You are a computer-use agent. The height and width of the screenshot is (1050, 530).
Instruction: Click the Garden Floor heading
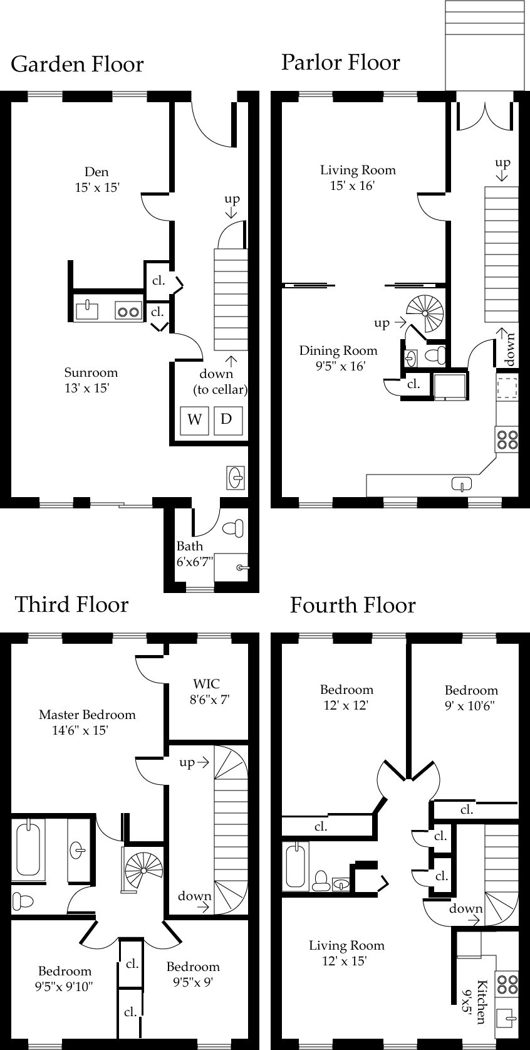[77, 64]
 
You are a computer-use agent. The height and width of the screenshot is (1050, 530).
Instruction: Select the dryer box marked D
[227, 419]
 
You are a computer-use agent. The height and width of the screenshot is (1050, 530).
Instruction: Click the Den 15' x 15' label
[96, 179]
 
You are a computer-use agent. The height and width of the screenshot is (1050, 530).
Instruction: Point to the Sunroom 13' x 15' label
[90, 380]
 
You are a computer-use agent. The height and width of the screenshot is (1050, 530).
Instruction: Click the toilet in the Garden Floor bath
[233, 528]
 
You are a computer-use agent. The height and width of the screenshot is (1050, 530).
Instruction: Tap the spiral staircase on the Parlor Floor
[425, 313]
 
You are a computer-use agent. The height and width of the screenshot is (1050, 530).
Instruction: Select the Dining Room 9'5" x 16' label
[338, 358]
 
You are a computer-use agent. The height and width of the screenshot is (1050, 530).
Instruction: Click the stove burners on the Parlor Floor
[507, 438]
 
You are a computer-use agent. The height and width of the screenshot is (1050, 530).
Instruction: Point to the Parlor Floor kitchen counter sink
[462, 483]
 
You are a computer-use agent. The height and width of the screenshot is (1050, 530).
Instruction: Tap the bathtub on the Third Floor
[28, 848]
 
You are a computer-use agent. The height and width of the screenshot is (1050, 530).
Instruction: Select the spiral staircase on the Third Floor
[143, 870]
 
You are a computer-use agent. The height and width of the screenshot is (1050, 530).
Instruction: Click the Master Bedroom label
[86, 722]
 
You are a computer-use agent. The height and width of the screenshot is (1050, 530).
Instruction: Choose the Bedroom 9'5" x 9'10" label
[65, 979]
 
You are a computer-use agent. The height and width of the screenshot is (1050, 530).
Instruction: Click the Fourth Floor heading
[353, 605]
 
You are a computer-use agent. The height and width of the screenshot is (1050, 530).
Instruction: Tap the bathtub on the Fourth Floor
[295, 866]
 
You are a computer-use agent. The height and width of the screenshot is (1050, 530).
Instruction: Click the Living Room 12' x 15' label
[346, 953]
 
